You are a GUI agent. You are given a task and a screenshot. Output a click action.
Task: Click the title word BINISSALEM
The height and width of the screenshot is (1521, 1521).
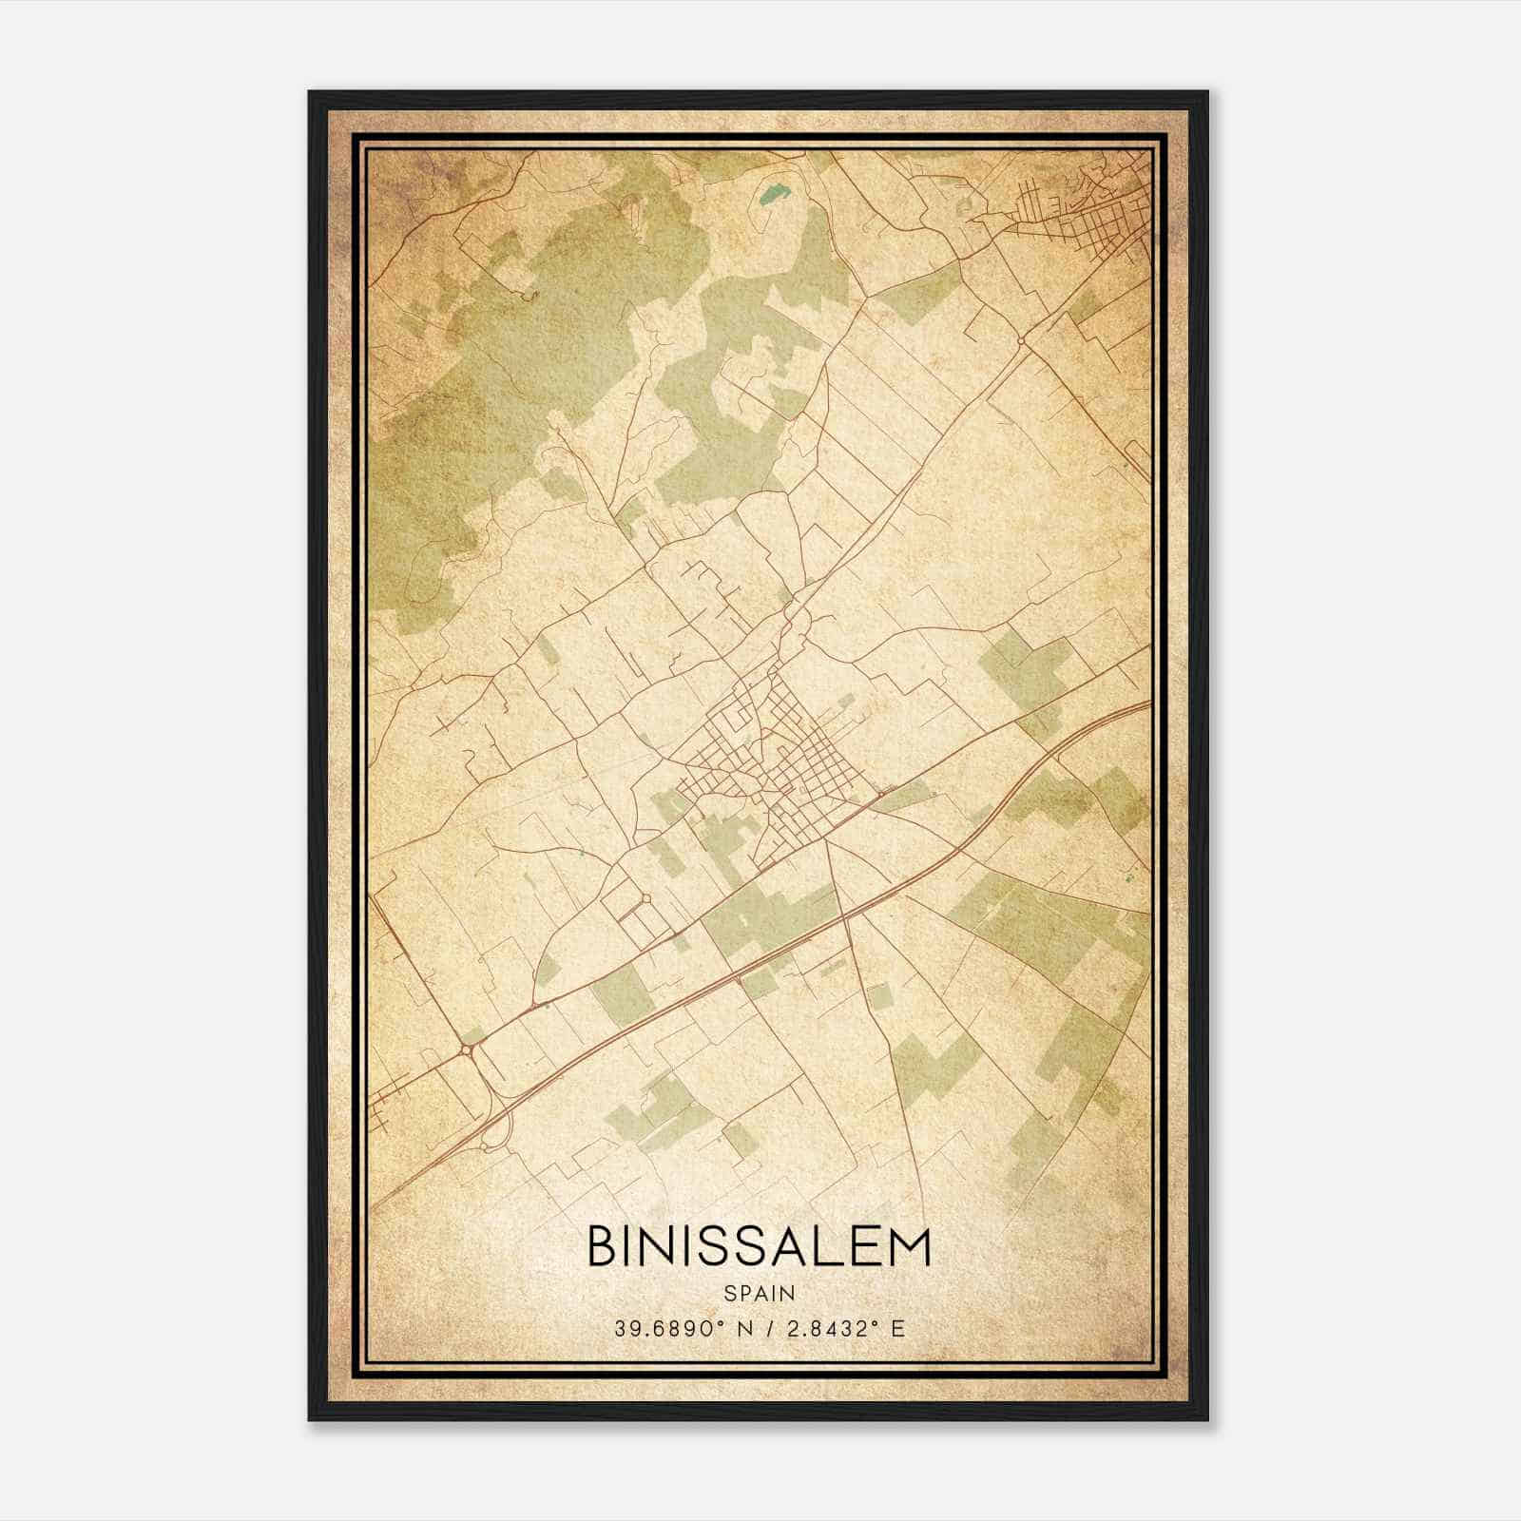pyautogui.click(x=759, y=1247)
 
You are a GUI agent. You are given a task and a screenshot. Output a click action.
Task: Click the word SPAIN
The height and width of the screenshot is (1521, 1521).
pyautogui.click(x=760, y=1293)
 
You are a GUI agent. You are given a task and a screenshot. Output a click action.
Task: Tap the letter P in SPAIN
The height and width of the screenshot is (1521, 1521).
pyautogui.click(x=743, y=1293)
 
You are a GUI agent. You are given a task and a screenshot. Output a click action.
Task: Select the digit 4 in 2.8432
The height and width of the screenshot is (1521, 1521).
pyautogui.click(x=835, y=1328)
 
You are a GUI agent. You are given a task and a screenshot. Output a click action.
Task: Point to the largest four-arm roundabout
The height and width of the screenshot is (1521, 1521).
pyautogui.click(x=468, y=1049)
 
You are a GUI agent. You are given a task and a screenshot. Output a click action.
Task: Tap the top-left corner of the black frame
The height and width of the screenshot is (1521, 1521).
pyautogui.click(x=311, y=93)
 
